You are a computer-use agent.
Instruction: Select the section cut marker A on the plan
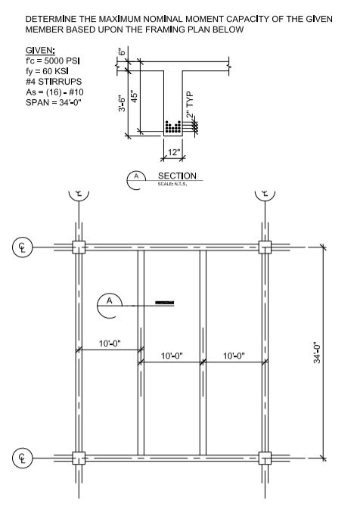(x=110, y=304)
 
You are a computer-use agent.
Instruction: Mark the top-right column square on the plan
(x=265, y=247)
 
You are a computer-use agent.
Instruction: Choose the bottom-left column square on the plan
(x=78, y=458)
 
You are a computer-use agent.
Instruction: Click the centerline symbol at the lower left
(x=20, y=458)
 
